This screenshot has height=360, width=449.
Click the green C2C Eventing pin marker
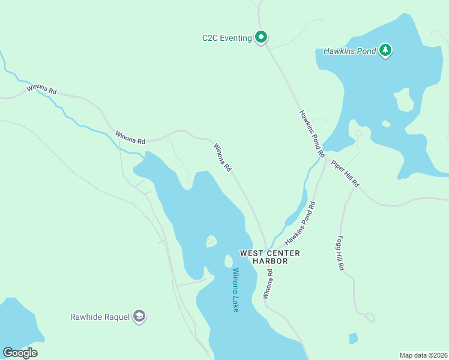261,37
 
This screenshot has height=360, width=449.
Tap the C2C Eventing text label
226,38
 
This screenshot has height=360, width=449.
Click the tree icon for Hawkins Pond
385,50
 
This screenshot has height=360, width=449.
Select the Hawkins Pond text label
349,51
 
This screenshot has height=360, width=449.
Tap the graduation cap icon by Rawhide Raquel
139,316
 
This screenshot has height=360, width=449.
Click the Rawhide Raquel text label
100,317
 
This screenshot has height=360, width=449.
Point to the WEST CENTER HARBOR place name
270,257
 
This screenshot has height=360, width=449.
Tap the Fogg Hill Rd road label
340,253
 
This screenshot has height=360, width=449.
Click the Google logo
20,352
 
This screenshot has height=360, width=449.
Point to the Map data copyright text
423,355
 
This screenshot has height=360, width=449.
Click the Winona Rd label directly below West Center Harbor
268,284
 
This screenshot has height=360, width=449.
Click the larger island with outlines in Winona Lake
211,241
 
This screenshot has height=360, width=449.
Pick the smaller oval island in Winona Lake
228,262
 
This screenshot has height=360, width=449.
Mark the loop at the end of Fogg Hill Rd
369,317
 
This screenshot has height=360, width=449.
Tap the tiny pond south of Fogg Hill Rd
353,338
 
